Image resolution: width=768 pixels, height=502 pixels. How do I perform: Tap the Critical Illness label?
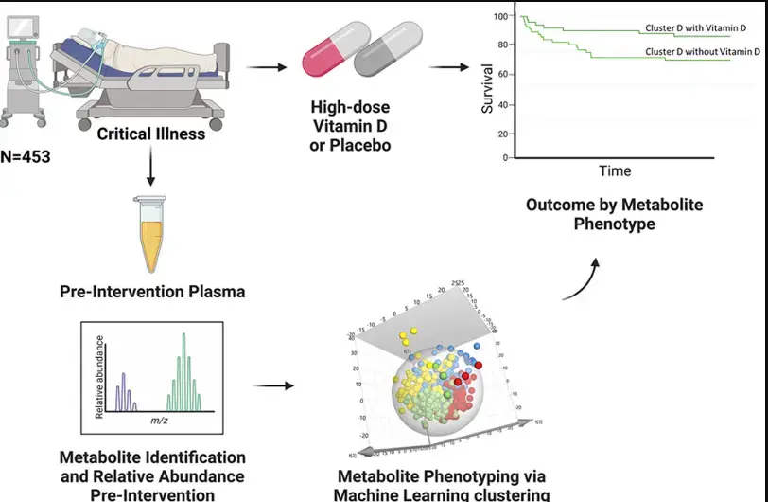[x=150, y=134]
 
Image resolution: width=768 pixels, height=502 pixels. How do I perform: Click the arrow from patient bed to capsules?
[x=268, y=66]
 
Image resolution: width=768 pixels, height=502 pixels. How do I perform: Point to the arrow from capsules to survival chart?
[x=450, y=66]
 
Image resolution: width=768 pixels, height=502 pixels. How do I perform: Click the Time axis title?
[x=615, y=170]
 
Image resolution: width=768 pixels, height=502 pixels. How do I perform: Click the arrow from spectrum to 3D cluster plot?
[x=271, y=386]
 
